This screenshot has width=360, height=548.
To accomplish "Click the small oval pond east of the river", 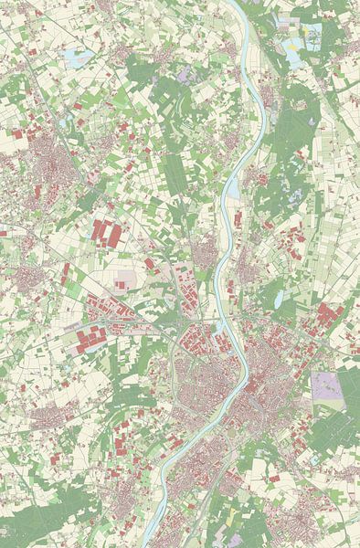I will (x=272, y=294).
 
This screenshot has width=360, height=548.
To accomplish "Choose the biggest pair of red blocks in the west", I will (x=107, y=233).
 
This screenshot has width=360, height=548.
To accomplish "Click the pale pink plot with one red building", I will (x=127, y=278).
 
